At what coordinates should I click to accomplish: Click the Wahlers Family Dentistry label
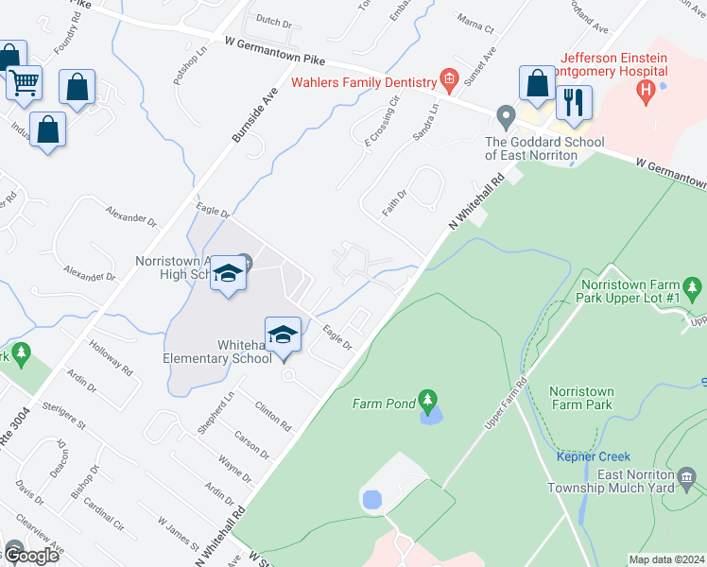point(364,81)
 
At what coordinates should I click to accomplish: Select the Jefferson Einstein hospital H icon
point(647,92)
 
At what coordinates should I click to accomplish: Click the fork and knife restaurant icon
point(574,102)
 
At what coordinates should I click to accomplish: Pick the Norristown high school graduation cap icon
point(228,274)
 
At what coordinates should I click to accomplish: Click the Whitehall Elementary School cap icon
point(283,334)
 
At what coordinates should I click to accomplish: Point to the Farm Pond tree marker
point(428,401)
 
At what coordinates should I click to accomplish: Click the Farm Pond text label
point(384,404)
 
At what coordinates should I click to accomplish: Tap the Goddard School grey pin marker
point(506,117)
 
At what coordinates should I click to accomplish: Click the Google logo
point(30,556)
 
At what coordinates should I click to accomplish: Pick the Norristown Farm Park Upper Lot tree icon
point(695,285)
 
